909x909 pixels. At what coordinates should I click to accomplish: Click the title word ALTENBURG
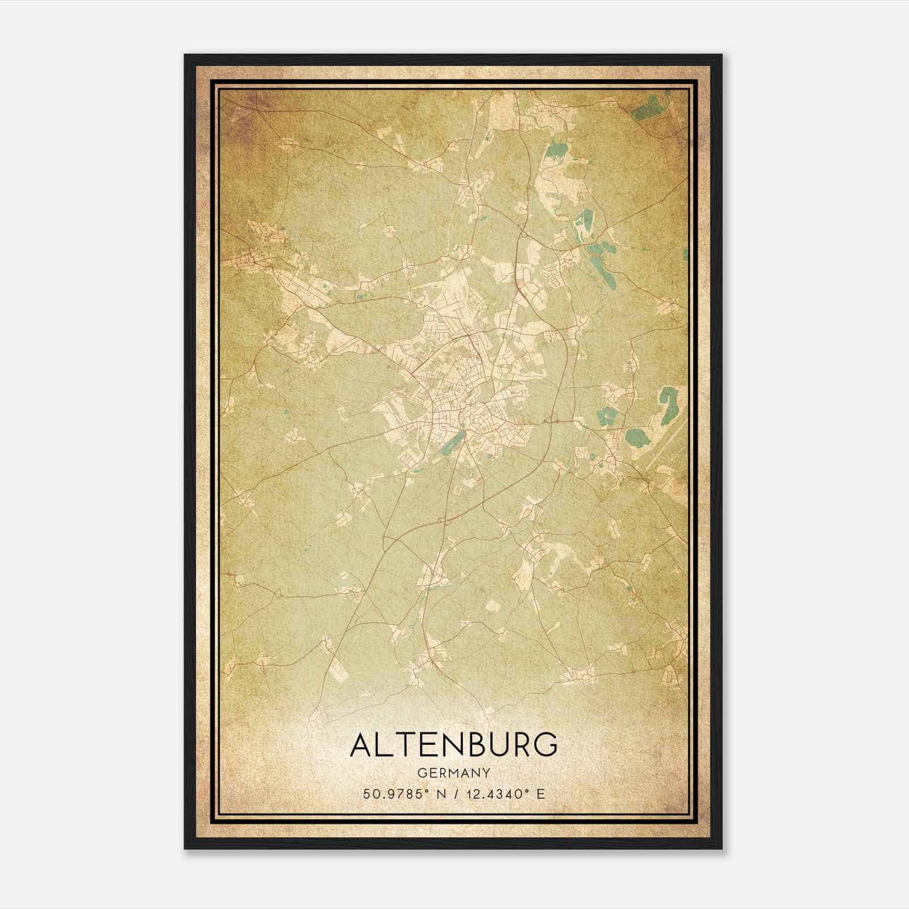pyautogui.click(x=453, y=745)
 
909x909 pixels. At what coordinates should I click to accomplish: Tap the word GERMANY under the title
pyautogui.click(x=453, y=773)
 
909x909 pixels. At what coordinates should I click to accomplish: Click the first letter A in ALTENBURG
pyautogui.click(x=362, y=745)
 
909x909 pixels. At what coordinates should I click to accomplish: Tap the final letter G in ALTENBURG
pyautogui.click(x=545, y=745)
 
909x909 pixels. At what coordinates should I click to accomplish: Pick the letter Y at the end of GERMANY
pyautogui.click(x=486, y=773)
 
